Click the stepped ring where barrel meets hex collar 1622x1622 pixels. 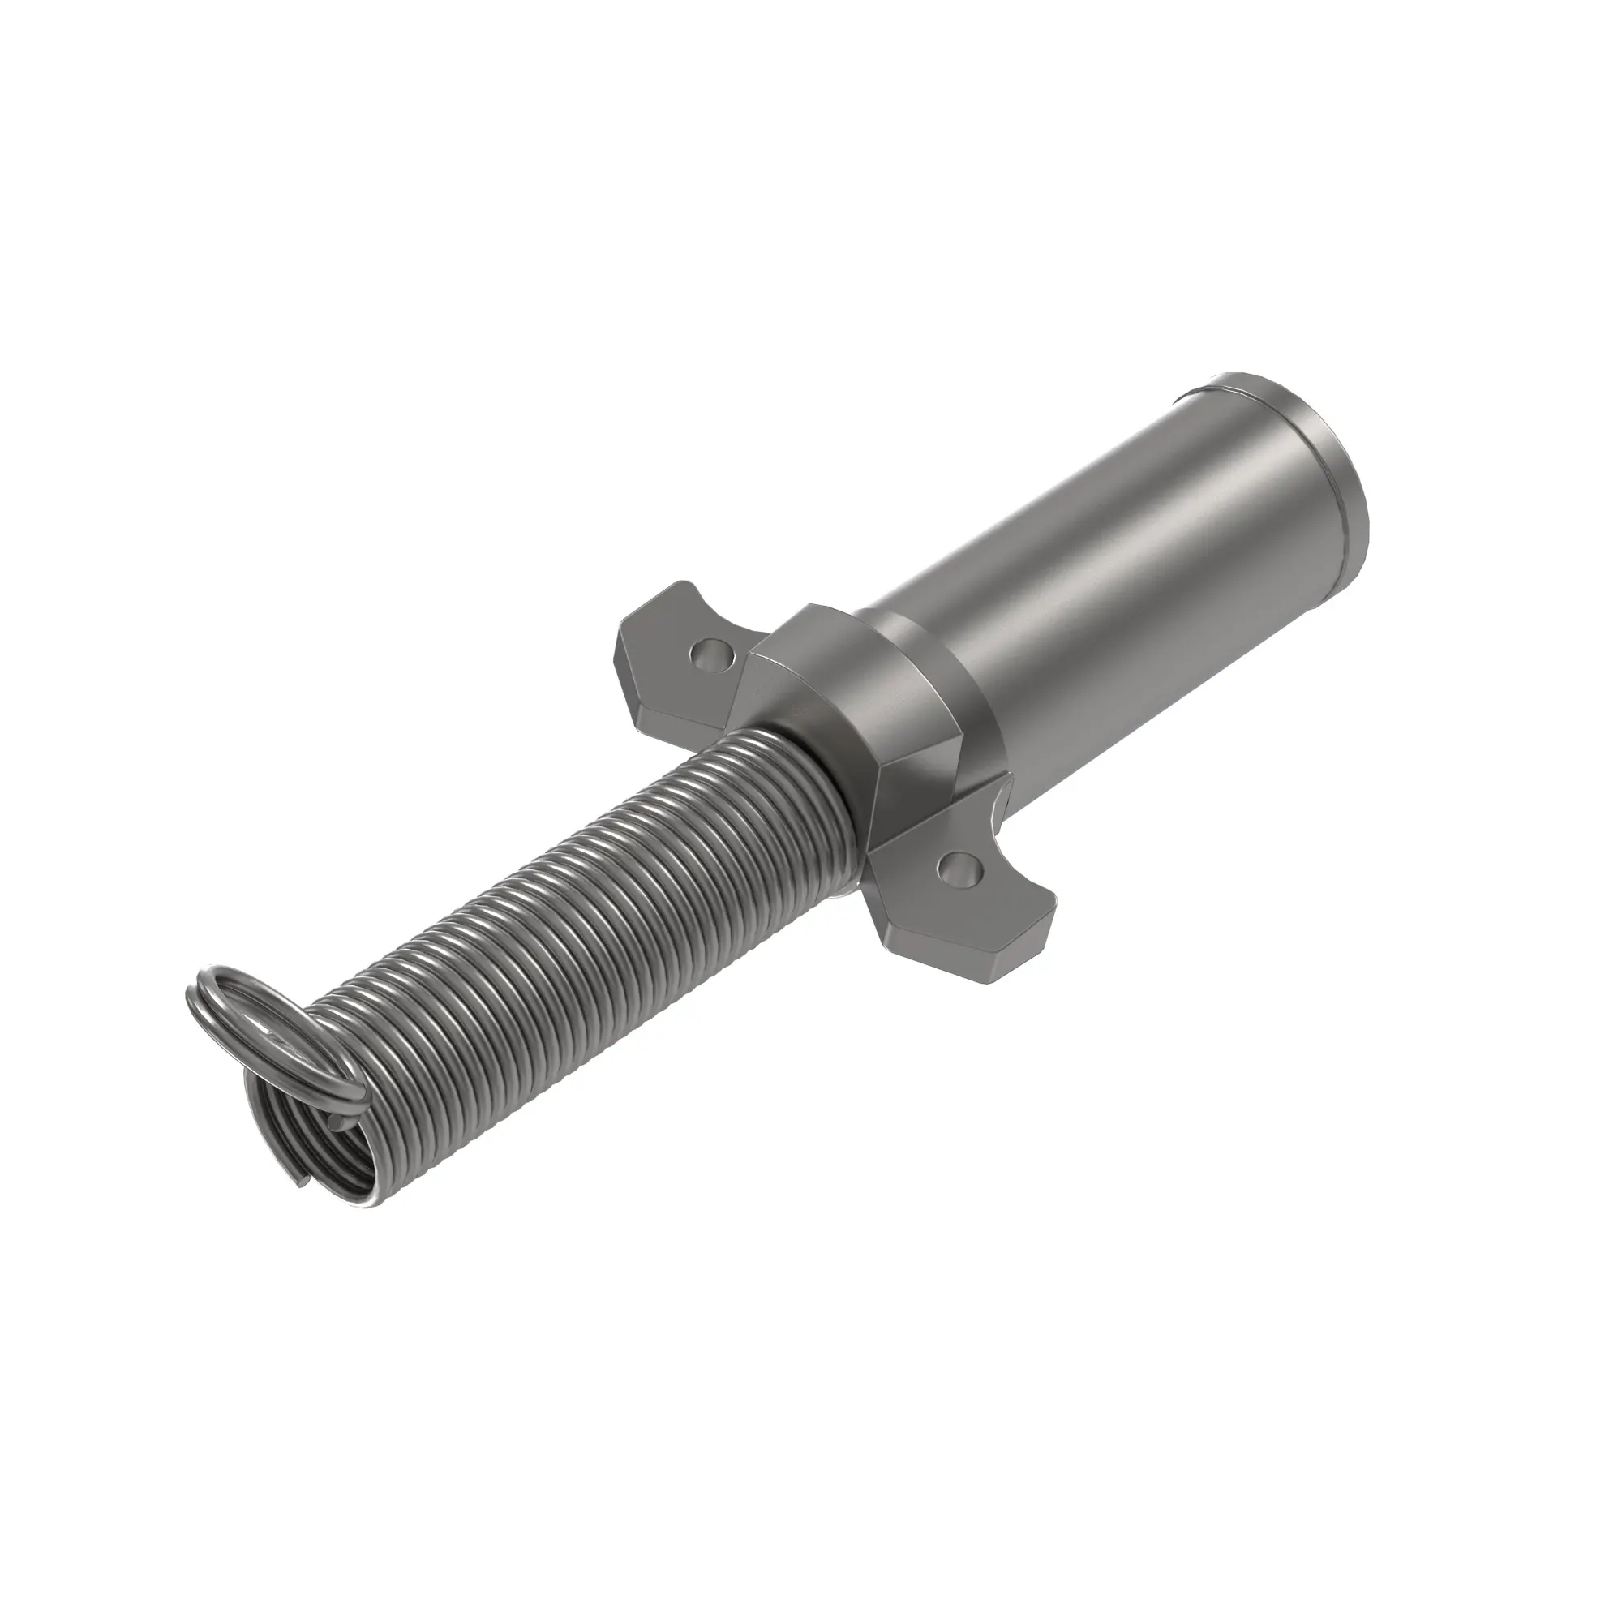(x=940, y=680)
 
